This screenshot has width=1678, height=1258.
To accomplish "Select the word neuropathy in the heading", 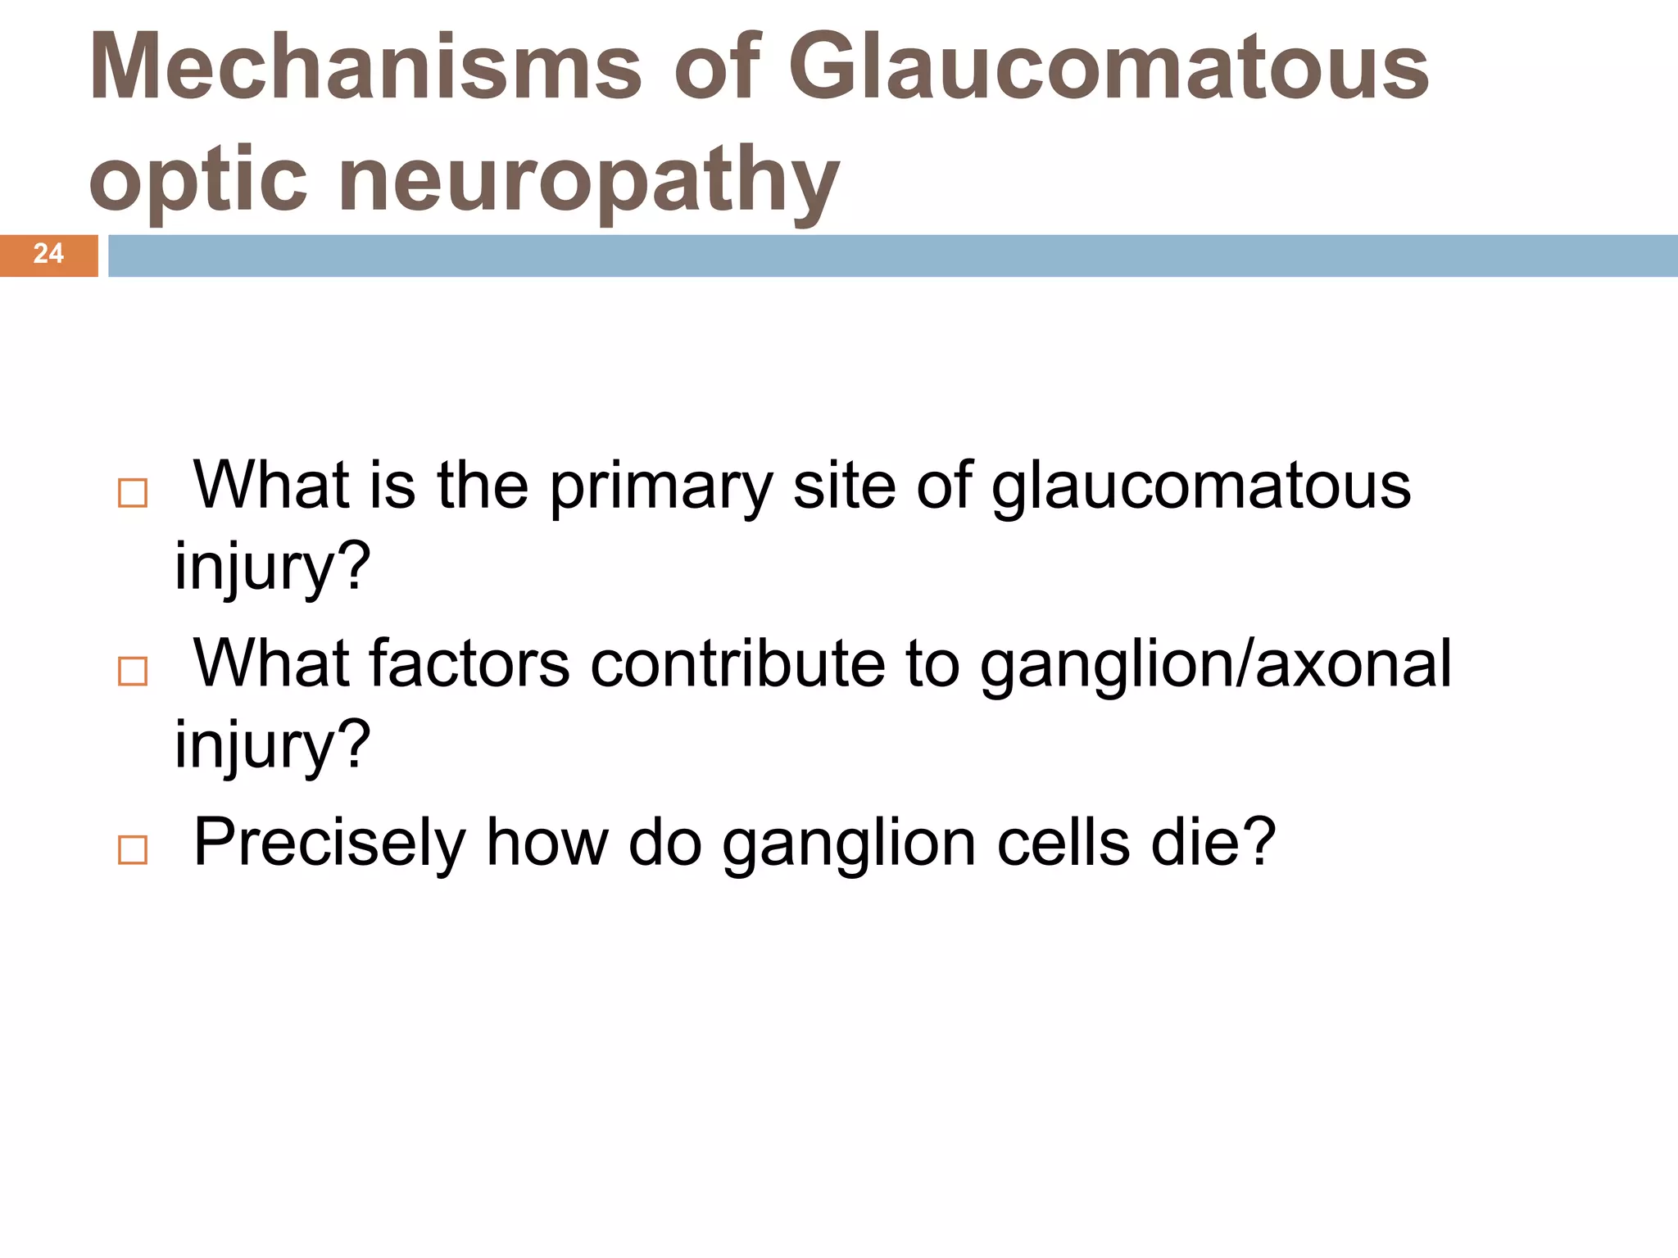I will (x=588, y=180).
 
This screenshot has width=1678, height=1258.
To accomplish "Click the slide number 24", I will (x=48, y=254).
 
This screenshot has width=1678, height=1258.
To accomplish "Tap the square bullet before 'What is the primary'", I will (x=133, y=493).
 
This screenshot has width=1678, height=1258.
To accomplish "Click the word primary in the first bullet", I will (x=660, y=488).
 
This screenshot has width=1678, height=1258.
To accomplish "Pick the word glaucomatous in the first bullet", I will (x=1201, y=488).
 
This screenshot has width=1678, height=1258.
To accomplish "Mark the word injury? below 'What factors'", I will (x=273, y=746).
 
